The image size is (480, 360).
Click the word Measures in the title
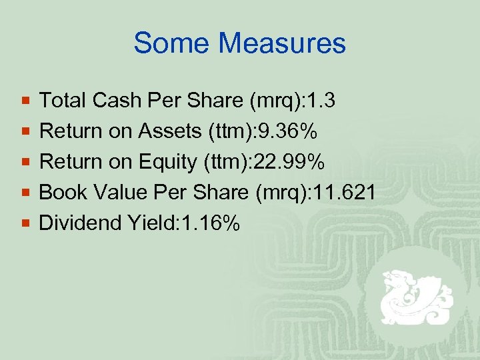coord(283,43)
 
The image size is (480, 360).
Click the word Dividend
coord(79,223)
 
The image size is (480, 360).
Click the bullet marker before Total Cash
coord(25,101)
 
